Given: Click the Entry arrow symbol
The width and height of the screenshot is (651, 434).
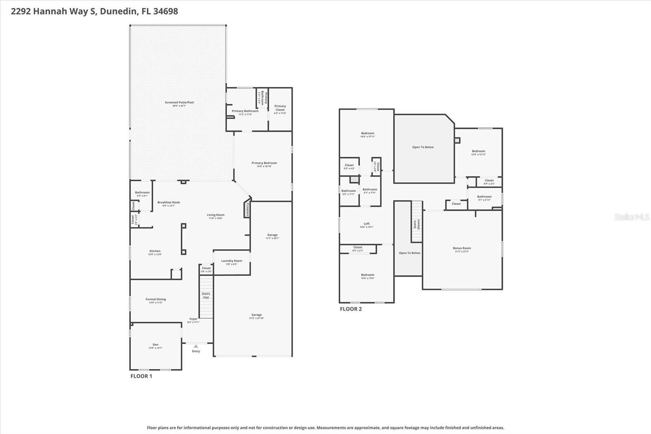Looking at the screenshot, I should [196, 346].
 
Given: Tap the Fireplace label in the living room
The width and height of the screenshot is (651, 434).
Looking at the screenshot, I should [247, 209].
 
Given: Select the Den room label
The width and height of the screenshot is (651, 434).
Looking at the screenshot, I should [155, 345].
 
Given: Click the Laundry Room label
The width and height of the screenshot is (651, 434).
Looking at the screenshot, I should [232, 261].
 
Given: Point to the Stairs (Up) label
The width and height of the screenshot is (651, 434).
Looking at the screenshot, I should [206, 295].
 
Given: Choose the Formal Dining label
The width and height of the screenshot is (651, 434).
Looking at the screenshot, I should [156, 299].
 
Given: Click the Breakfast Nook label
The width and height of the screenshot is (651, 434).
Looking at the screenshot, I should [168, 202].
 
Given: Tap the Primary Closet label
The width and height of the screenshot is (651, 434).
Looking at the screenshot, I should [280, 108].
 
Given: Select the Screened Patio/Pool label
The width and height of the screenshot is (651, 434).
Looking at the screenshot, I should [179, 103].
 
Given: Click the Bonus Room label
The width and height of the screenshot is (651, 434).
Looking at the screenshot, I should [462, 248].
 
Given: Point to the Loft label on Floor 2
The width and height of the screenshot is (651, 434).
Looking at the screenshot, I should [367, 224].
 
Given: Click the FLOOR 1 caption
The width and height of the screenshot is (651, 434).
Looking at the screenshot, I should [141, 376].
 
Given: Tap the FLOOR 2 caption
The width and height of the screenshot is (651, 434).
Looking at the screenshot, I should [351, 309].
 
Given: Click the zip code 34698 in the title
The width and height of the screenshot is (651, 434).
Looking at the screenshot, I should [165, 11].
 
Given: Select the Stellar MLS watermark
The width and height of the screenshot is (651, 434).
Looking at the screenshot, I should [631, 217].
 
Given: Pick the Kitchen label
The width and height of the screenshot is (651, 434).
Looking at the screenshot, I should [155, 251].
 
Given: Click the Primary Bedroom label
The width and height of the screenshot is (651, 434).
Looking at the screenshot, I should [264, 163].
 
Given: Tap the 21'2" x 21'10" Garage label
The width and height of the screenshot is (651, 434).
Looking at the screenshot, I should [256, 315].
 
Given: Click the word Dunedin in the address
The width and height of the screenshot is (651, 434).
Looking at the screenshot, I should [118, 11].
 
